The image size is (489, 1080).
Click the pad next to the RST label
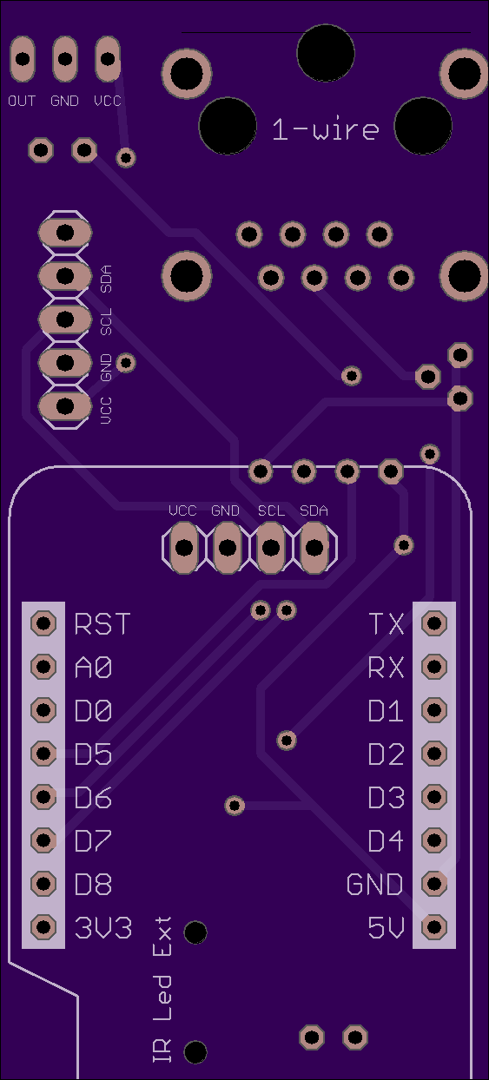(43, 623)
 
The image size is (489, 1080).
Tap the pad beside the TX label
(434, 623)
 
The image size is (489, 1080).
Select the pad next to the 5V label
(434, 926)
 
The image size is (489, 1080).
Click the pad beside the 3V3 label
(43, 926)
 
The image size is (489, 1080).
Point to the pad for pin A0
(43, 667)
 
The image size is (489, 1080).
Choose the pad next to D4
(434, 840)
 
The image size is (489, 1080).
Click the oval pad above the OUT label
(23, 59)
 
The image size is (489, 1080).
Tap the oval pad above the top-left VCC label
(108, 59)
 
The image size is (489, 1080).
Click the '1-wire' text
(326, 129)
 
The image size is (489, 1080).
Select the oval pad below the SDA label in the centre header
(314, 548)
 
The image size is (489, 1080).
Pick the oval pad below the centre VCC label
(184, 548)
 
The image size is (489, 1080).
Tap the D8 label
(93, 884)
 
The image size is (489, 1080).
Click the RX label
(386, 667)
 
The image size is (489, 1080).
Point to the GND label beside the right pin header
(374, 884)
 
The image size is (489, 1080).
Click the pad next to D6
(43, 796)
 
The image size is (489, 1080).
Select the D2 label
(386, 754)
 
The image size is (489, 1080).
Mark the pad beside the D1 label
(434, 709)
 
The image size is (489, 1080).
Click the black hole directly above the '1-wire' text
(326, 53)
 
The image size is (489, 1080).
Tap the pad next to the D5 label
(43, 753)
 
